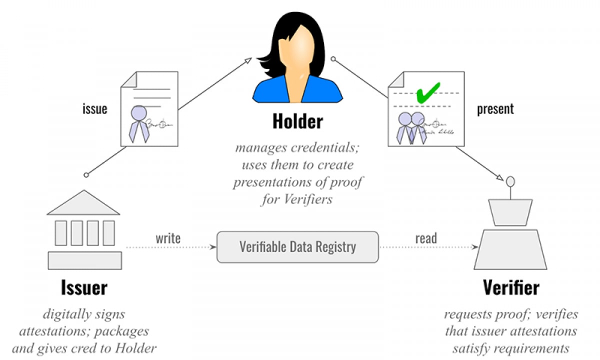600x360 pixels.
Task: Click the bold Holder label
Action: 297,121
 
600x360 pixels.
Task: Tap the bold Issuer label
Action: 84,287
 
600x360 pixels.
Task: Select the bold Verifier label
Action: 511,287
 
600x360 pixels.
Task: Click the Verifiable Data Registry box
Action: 297,247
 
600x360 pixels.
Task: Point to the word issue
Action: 95,109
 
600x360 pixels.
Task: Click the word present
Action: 495,109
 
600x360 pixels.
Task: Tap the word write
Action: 168,238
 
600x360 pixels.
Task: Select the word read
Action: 426,238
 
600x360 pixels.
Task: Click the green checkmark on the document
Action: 428,92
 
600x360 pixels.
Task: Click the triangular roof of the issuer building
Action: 83,202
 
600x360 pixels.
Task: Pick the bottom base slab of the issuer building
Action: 84,260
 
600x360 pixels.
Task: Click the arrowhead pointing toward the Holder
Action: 247,60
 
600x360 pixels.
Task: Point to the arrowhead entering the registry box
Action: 213,247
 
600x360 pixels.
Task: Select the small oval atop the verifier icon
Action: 510,181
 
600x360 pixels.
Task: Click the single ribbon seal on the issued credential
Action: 139,123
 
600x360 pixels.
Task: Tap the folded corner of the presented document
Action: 396,79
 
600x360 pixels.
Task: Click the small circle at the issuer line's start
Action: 86,175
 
